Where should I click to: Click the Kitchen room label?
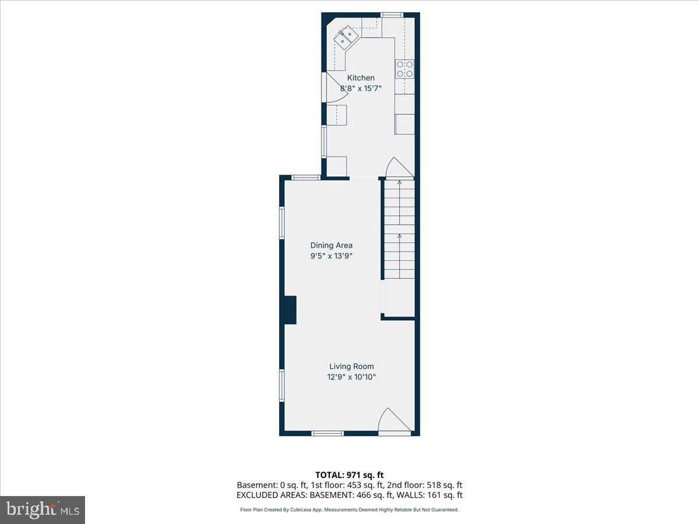click(x=361, y=78)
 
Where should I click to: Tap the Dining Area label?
click(x=331, y=245)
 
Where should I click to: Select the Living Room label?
click(x=351, y=366)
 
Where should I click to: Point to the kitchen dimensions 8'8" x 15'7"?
click(x=361, y=88)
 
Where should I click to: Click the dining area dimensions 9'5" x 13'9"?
click(x=331, y=256)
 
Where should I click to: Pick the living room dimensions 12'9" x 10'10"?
click(x=351, y=377)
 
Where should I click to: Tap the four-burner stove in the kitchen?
click(x=405, y=69)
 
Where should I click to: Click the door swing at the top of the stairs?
click(x=398, y=168)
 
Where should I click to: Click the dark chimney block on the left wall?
click(x=290, y=310)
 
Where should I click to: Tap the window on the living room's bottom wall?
click(x=327, y=433)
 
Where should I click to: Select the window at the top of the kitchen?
click(x=391, y=15)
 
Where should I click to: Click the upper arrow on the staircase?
click(x=399, y=183)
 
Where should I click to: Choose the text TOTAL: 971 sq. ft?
click(x=349, y=475)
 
